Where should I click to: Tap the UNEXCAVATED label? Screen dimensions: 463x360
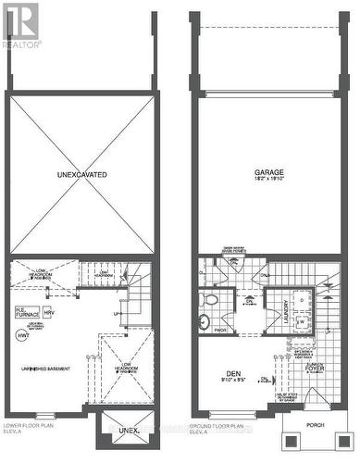pyautogui.click(x=81, y=173)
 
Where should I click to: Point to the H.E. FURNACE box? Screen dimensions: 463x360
pyautogui.click(x=25, y=312)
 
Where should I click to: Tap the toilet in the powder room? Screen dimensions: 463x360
pyautogui.click(x=210, y=302)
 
